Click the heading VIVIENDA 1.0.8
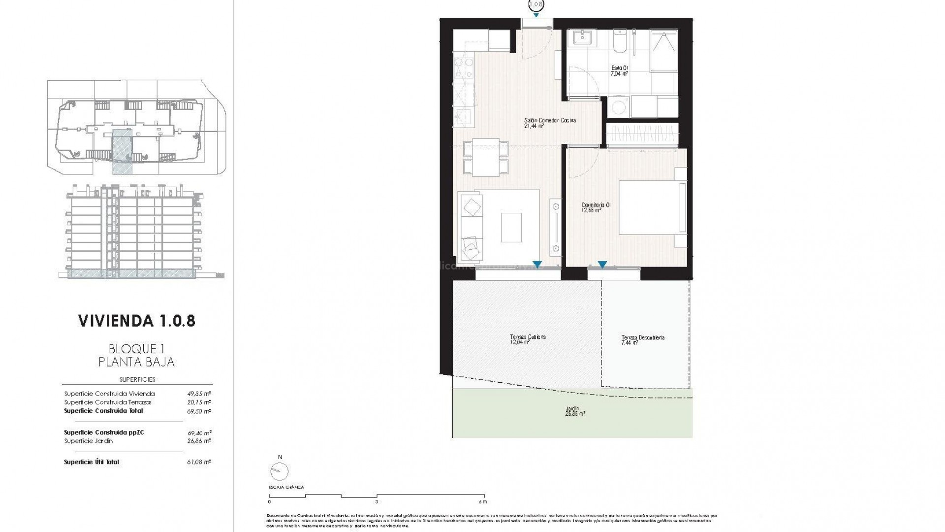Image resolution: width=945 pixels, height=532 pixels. pos(137,321)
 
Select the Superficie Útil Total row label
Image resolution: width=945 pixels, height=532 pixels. pos(92,462)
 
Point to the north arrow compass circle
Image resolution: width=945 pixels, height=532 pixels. pos(280,472)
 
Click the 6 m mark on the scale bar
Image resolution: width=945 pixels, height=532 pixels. pos(483,501)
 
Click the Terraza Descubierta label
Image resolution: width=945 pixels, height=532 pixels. pos(642,339)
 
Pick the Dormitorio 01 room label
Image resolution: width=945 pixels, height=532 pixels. pos(596,207)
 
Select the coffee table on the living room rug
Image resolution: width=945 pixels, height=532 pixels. pos(511,227)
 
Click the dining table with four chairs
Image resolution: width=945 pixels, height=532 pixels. pos(486,158)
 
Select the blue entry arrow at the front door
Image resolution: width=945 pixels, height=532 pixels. pos(536,15)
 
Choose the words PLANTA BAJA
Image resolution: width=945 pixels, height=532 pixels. pos(137,363)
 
